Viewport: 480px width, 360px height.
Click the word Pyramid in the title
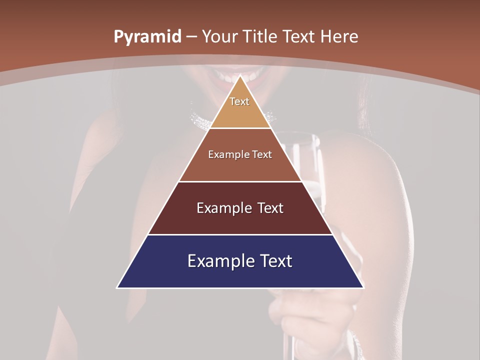point(147,37)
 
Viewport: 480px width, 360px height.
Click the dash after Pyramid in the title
point(191,37)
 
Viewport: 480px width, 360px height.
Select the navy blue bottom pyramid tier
point(240,272)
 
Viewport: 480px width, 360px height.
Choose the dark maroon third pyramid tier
point(240,220)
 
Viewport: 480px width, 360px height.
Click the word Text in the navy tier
point(274,261)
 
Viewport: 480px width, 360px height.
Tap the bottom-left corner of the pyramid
point(118,287)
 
